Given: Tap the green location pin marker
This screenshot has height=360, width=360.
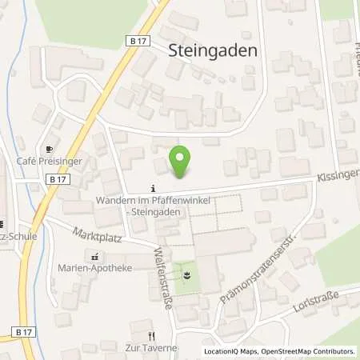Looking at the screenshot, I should pos(182,162).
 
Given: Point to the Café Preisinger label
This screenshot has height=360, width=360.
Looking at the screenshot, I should pos(50,161).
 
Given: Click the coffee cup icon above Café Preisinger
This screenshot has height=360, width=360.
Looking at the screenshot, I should pos(50,149).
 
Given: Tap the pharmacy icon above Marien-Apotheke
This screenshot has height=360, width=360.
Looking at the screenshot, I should pos(96,256).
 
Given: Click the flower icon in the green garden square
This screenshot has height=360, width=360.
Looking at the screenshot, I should pos(187,275).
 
